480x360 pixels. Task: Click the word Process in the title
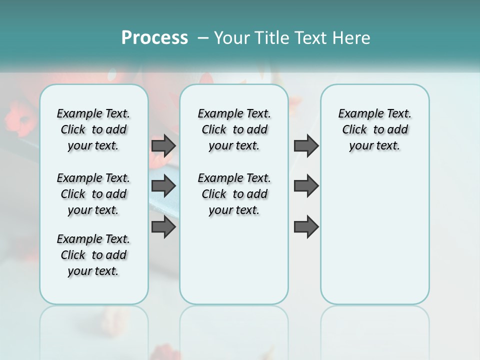pyautogui.click(x=154, y=38)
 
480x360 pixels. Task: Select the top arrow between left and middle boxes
pyautogui.click(x=163, y=145)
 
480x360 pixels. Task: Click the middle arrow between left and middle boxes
pyautogui.click(x=163, y=186)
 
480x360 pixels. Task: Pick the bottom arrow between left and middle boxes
pyautogui.click(x=163, y=226)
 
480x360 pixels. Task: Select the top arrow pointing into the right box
pyautogui.click(x=306, y=145)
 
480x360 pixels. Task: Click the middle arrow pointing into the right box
pyautogui.click(x=306, y=186)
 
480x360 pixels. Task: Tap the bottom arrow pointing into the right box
pyautogui.click(x=306, y=226)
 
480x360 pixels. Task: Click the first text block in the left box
pyautogui.click(x=93, y=129)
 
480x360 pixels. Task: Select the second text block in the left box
pyautogui.click(x=93, y=194)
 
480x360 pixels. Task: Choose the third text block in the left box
pyautogui.click(x=93, y=255)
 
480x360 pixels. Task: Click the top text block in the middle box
pyautogui.click(x=234, y=129)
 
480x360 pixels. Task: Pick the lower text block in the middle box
pyautogui.click(x=234, y=194)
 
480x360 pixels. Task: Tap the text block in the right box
pyautogui.click(x=374, y=129)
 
